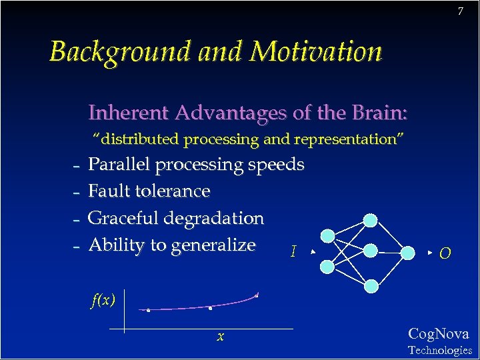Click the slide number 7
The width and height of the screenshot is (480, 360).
460,11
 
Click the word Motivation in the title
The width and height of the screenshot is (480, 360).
317,51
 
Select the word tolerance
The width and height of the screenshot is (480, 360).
173,191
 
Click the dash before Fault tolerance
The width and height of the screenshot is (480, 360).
76,192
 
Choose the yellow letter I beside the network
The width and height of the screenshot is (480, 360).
293,252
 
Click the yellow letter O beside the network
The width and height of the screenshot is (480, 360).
445,253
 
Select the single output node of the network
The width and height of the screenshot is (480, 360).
409,252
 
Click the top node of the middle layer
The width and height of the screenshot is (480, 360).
371,220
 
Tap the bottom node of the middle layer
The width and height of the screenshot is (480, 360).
371,285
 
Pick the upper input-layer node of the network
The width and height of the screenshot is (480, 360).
328,236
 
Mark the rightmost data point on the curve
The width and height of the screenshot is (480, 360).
257,295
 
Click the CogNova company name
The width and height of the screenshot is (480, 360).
438,334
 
